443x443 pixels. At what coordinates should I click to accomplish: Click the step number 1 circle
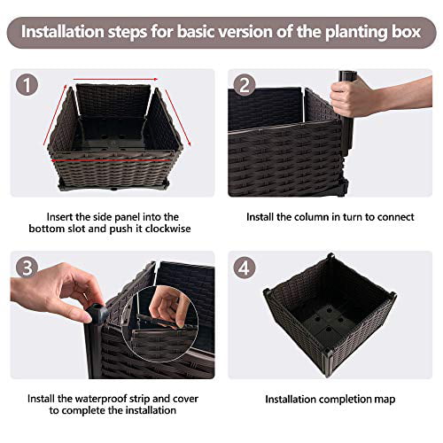tap(29, 86)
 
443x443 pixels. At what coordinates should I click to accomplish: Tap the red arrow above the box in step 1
tap(115, 78)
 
